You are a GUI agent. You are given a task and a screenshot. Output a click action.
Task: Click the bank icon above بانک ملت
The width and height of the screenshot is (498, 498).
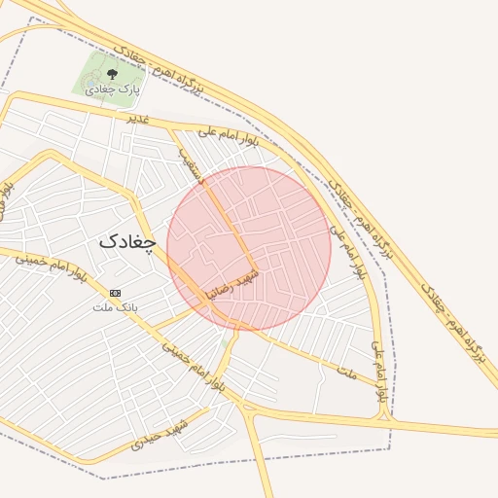[116, 293]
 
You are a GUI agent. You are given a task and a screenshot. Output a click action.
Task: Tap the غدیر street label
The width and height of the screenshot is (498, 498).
[137, 118]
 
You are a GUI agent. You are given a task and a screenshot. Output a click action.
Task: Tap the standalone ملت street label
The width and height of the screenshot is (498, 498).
[347, 373]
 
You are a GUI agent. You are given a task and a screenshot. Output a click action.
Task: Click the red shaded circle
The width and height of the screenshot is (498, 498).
[249, 248]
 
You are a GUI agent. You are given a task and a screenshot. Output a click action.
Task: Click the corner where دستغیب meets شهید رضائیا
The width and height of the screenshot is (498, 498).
[258, 269]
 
